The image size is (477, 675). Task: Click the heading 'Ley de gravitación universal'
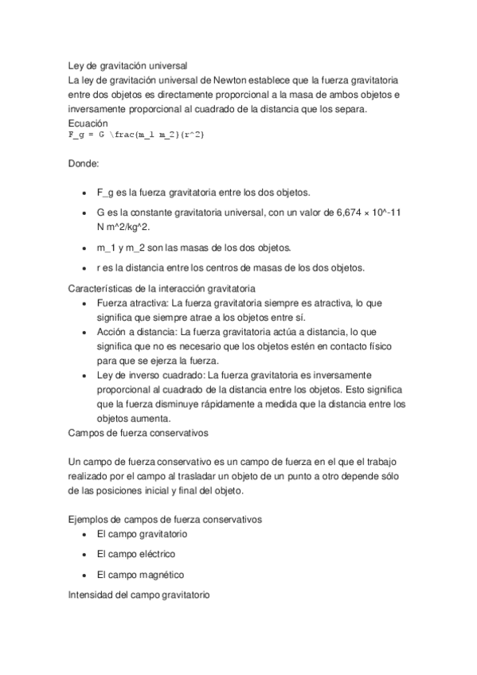tap(127, 67)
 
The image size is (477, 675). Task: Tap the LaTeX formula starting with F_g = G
tap(136, 136)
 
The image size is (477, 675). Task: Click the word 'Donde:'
tap(84, 163)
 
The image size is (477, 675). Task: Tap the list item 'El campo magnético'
tap(140, 575)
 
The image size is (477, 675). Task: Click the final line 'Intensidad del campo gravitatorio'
tap(139, 595)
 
